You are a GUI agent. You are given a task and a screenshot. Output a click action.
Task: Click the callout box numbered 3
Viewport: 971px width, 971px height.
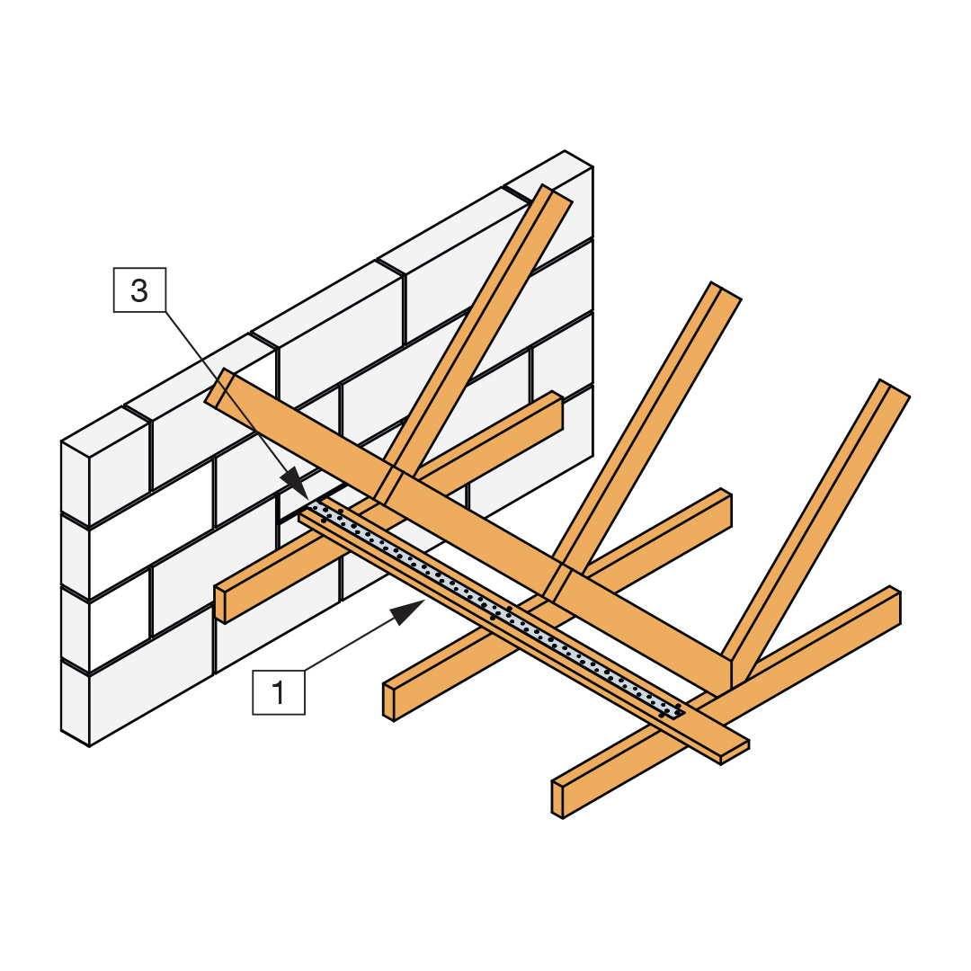(140, 290)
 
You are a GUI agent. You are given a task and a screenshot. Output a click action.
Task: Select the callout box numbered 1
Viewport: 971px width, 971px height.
(279, 692)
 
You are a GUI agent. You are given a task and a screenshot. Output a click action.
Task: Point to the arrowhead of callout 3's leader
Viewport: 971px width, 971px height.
(296, 484)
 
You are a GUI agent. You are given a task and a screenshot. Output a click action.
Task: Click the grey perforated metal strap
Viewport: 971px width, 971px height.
(495, 609)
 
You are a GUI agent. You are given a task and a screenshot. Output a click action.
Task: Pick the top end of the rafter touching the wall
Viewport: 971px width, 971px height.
(557, 192)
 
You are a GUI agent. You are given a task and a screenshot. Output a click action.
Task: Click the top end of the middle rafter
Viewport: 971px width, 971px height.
(726, 291)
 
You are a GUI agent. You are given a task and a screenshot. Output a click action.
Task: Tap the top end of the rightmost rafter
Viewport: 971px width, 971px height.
(895, 388)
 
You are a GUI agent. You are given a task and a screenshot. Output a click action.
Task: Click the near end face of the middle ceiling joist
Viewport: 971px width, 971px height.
(388, 702)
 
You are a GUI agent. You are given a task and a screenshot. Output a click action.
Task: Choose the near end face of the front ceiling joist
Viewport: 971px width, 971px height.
(557, 800)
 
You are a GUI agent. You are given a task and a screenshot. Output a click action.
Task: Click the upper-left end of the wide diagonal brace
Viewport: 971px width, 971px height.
(218, 388)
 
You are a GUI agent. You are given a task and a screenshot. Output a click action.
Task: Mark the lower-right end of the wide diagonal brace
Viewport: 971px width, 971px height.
(725, 675)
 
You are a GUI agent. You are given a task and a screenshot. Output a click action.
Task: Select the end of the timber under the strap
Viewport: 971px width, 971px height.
(735, 753)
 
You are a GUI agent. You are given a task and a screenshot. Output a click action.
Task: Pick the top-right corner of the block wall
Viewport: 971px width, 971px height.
(592, 166)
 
